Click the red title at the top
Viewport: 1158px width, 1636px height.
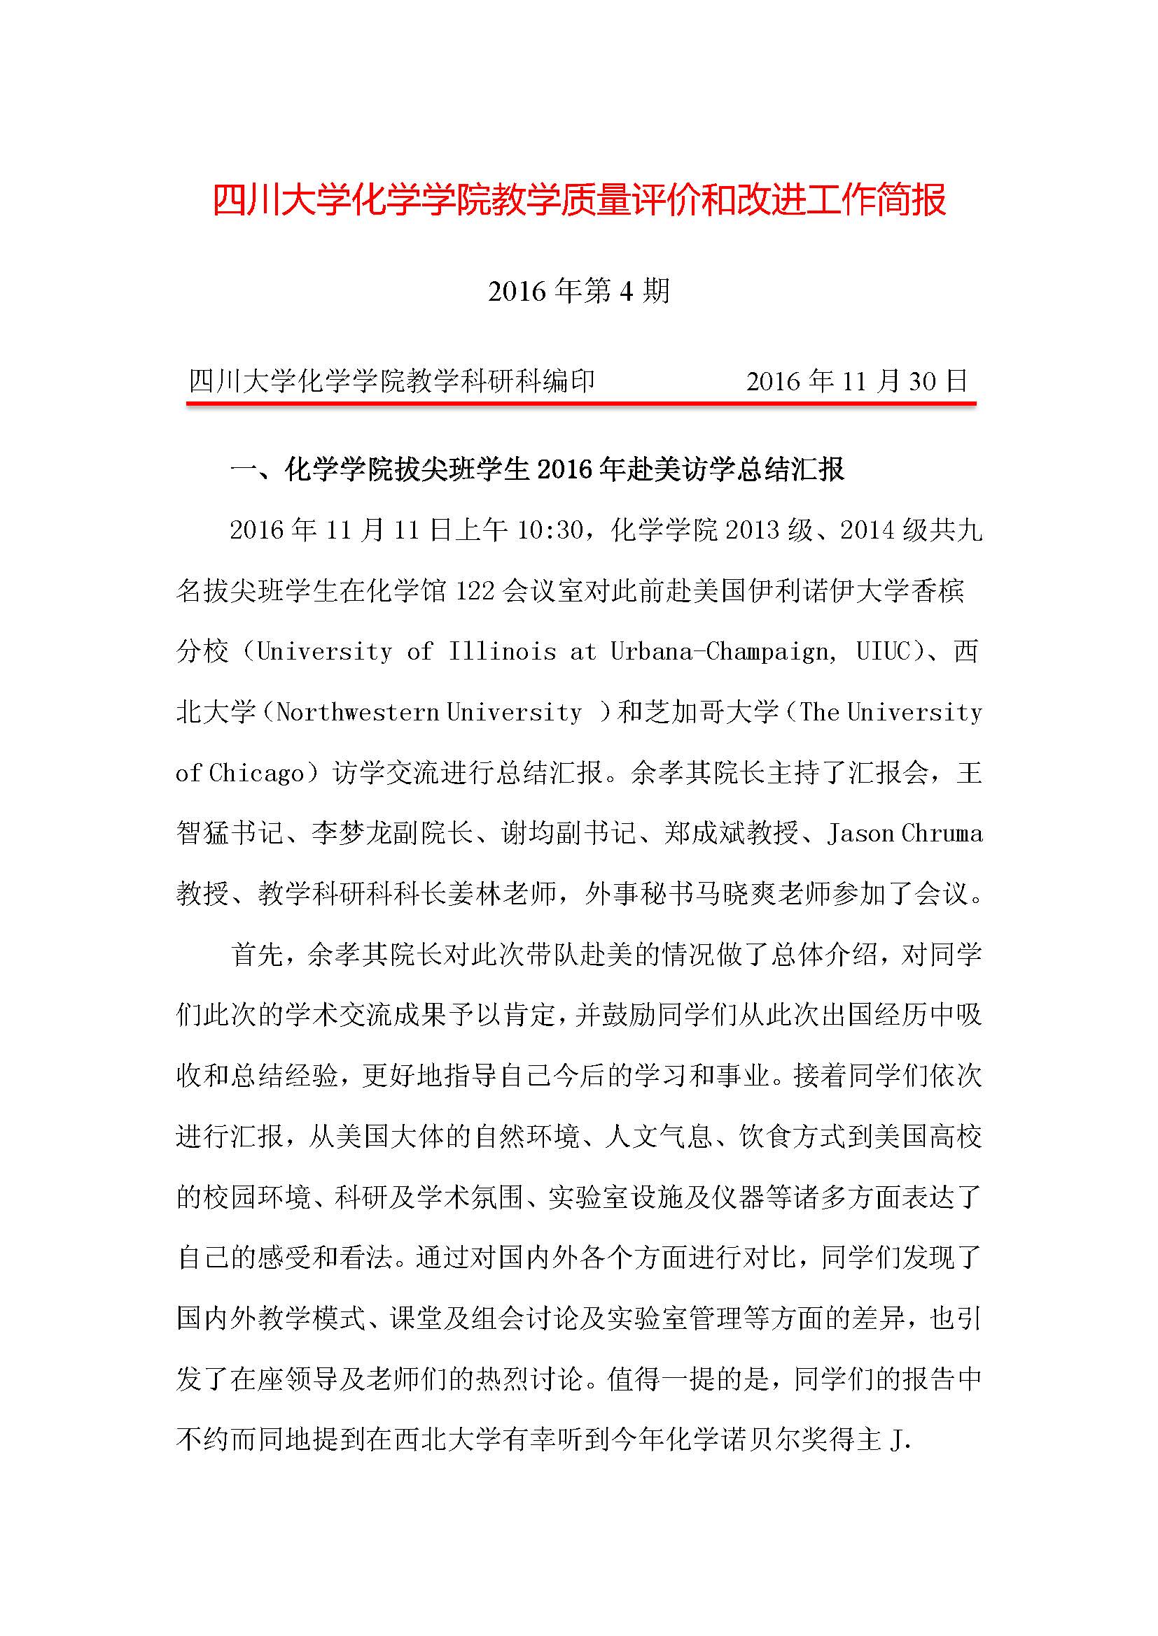579,200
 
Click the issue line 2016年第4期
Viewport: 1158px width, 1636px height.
579,291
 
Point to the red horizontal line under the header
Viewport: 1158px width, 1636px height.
580,404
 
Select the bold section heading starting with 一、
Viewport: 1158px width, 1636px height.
538,469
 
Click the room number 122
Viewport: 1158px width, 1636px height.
475,591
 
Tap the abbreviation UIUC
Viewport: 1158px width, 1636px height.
884,651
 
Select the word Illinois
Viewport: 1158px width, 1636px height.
502,651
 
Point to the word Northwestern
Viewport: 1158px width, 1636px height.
357,712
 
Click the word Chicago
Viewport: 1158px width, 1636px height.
257,773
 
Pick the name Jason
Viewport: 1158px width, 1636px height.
860,833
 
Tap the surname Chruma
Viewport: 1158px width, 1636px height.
942,833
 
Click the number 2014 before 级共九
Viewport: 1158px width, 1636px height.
867,530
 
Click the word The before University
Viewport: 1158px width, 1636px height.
819,712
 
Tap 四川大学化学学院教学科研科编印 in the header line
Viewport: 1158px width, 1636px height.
391,381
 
